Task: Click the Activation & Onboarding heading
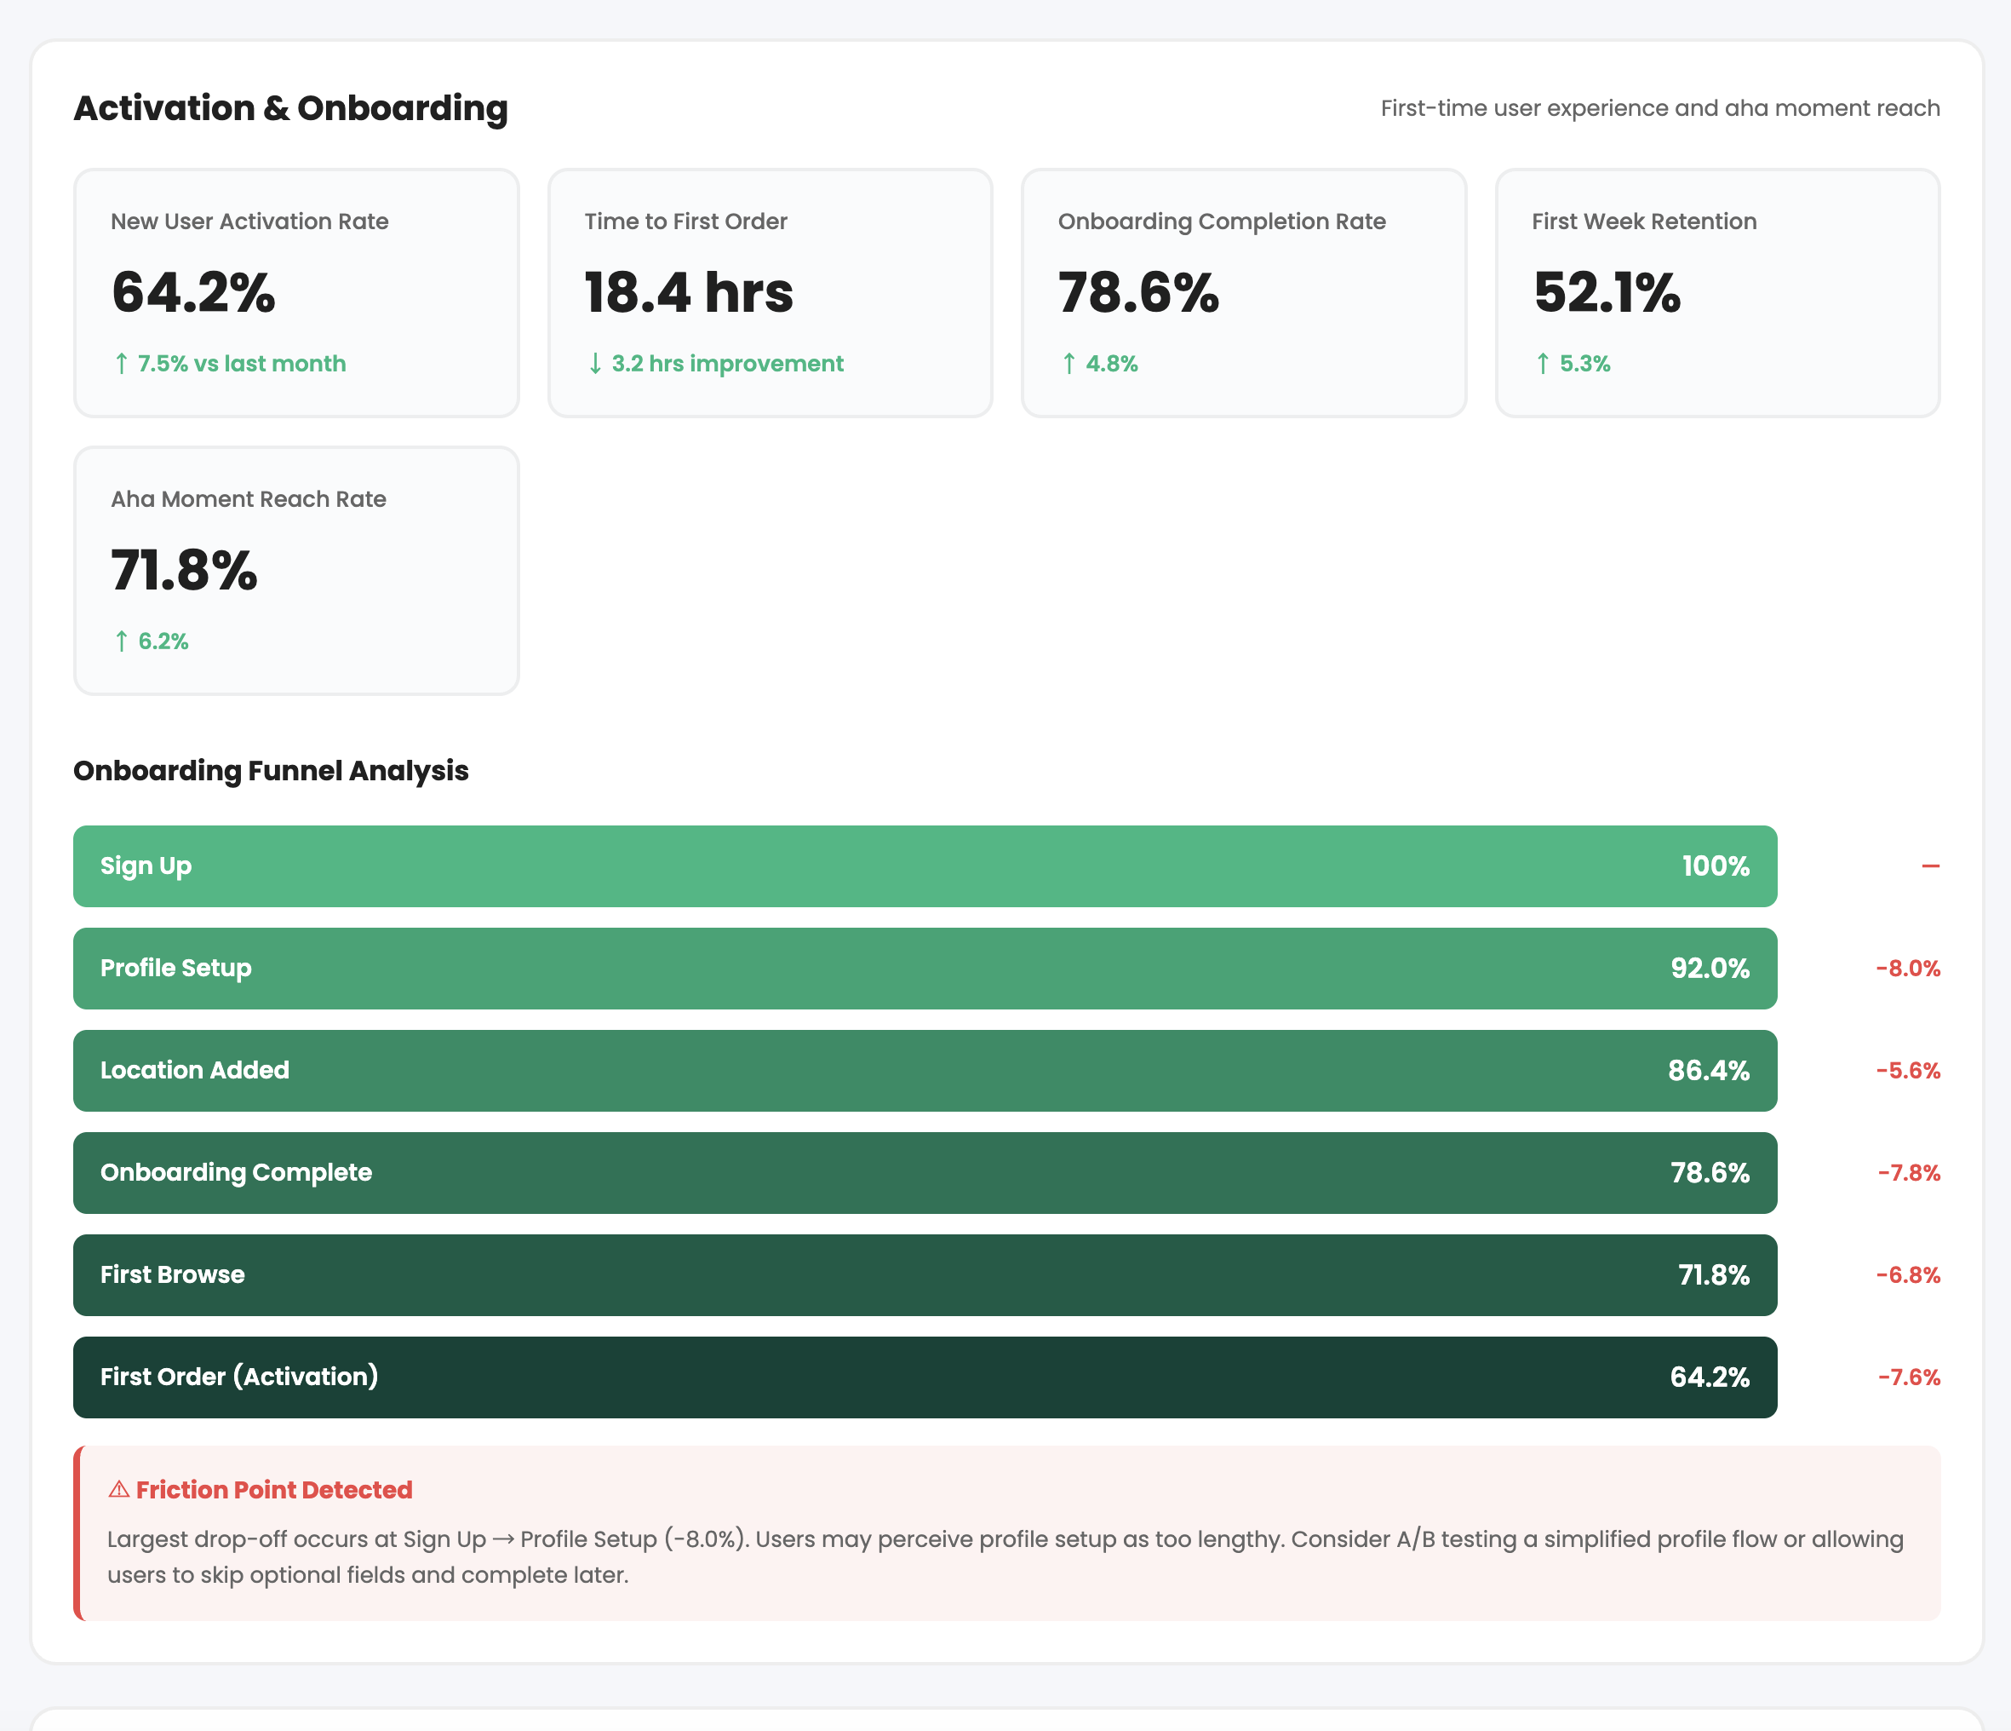point(290,108)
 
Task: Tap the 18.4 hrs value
point(688,292)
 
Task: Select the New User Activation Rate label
point(249,221)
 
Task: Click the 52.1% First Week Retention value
point(1607,292)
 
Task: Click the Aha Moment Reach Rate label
point(249,499)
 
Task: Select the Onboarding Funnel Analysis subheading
point(271,771)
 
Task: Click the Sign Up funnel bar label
point(146,866)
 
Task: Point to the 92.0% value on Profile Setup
point(1709,968)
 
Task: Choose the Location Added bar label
point(194,1070)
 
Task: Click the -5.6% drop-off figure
point(1907,1071)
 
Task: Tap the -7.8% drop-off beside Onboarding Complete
point(1908,1173)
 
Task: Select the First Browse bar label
point(172,1274)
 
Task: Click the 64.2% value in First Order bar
point(1709,1377)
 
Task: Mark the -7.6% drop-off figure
point(1908,1377)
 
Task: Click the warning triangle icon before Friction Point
point(118,1489)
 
